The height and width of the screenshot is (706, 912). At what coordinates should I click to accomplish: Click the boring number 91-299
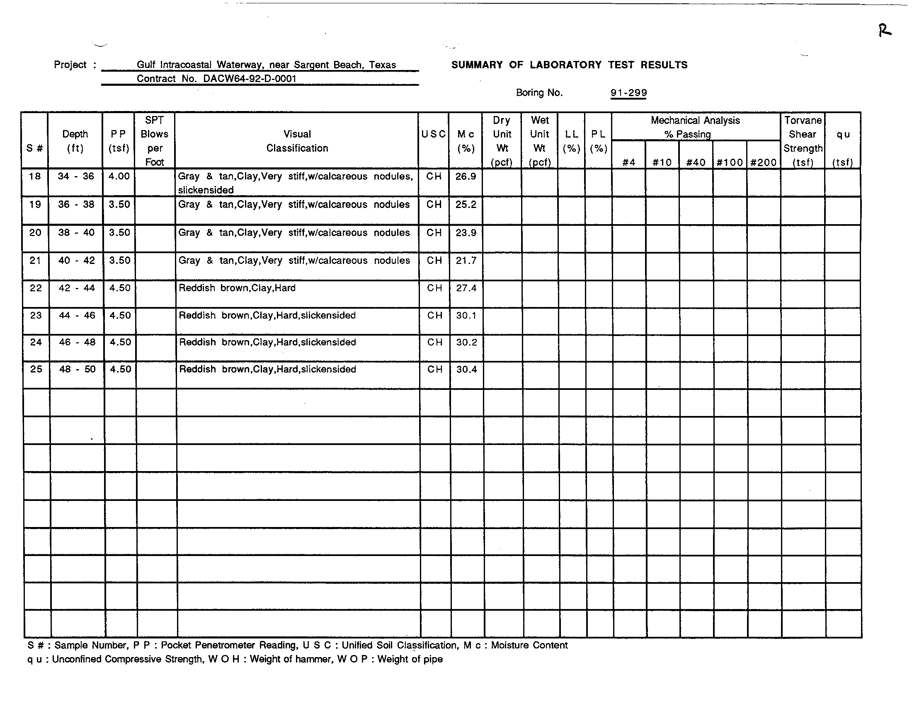tap(628, 93)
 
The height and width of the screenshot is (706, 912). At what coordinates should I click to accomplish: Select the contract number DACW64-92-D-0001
tap(250, 79)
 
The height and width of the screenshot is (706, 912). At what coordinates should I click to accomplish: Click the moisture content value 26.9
tap(466, 176)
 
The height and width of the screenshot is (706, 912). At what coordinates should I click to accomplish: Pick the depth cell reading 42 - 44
tap(76, 288)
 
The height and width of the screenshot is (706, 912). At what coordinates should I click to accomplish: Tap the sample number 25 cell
tap(36, 369)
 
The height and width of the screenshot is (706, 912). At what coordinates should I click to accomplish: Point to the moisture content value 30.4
tap(466, 369)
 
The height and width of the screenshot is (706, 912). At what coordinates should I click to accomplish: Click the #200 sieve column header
tap(763, 162)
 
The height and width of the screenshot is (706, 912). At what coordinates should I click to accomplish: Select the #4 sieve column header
tap(628, 162)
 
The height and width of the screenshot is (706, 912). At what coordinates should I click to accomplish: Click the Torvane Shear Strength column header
tap(803, 141)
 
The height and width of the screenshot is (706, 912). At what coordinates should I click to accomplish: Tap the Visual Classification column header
tap(297, 141)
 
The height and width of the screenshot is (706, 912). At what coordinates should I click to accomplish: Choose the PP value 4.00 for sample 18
tap(119, 176)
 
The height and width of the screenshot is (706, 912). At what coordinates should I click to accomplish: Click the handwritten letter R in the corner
tap(885, 31)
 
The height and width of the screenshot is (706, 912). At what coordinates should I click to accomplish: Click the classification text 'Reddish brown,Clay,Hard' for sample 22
tap(237, 288)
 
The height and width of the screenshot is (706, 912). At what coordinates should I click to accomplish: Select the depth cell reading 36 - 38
tap(76, 204)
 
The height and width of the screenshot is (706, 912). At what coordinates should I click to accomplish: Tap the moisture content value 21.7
tap(466, 260)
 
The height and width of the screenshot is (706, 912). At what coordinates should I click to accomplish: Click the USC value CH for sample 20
tap(434, 232)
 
